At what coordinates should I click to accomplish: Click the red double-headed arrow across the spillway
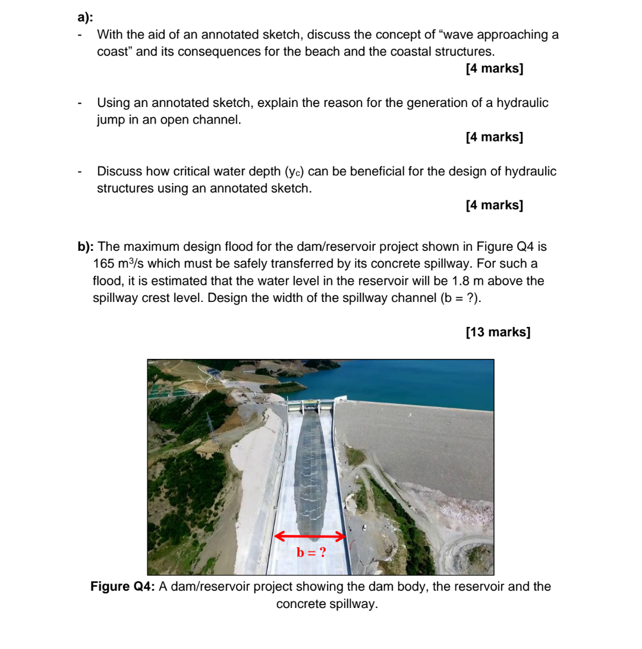[x=310, y=536]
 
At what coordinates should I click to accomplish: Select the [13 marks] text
[x=498, y=332]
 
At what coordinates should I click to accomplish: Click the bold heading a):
[x=85, y=17]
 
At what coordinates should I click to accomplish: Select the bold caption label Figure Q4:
[x=123, y=587]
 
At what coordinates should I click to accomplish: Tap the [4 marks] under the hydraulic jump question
[x=495, y=137]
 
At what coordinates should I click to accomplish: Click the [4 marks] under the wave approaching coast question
[x=495, y=68]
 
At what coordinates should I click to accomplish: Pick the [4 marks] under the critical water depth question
[x=495, y=205]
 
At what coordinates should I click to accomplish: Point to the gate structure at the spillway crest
[x=310, y=406]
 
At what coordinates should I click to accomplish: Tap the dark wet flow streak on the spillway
[x=310, y=470]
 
